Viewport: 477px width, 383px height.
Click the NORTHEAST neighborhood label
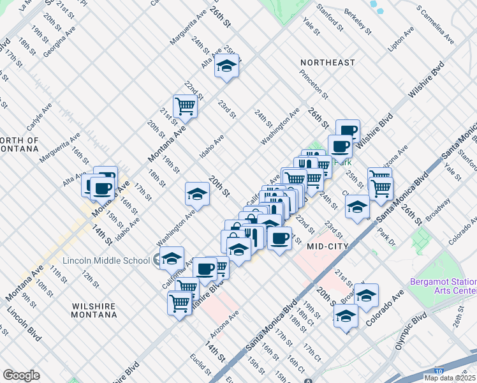(x=328, y=63)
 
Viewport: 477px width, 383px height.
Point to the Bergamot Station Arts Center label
(x=442, y=285)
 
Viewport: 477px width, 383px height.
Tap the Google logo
(x=21, y=375)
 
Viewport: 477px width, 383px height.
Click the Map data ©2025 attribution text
(x=450, y=378)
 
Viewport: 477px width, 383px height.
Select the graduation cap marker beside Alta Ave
(x=226, y=66)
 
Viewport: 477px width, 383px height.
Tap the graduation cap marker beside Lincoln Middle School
(x=172, y=259)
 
